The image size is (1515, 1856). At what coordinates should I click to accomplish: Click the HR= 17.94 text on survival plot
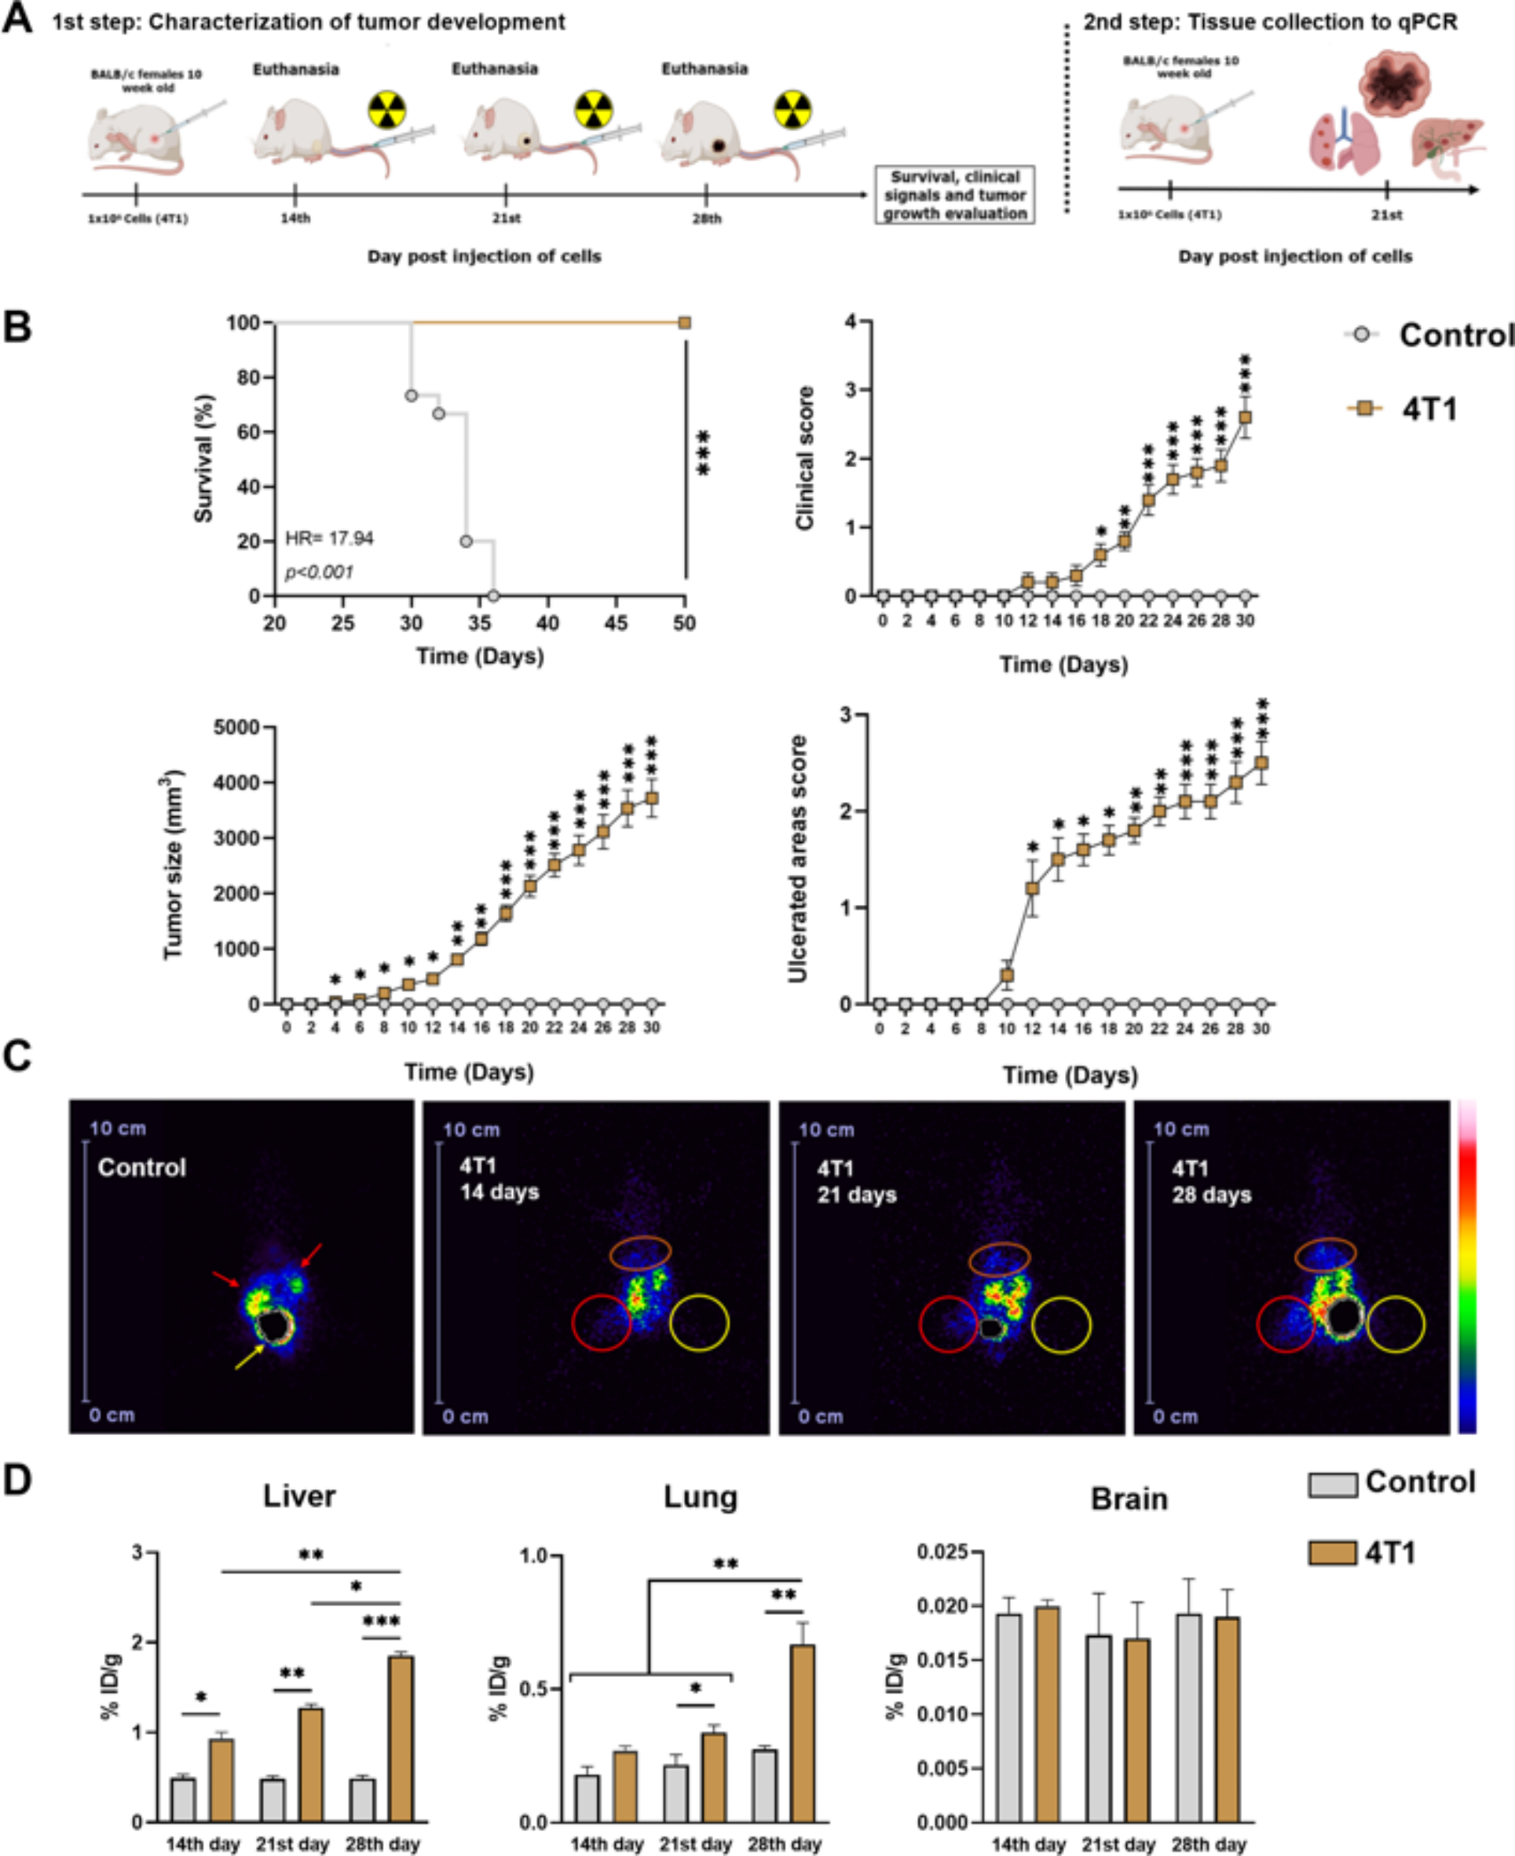[x=329, y=538]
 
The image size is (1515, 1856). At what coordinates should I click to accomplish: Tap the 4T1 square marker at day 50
[x=684, y=323]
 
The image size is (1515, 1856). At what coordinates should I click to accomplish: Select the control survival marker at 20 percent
[x=466, y=541]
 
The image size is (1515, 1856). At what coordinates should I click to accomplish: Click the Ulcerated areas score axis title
[x=797, y=858]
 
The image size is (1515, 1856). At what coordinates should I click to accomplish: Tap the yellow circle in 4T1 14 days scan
[x=698, y=1323]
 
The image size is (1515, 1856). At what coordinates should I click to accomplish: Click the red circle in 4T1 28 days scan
[x=1286, y=1323]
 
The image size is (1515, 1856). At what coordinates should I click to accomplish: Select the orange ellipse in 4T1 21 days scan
[x=999, y=1258]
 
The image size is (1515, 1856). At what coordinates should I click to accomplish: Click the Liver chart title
[x=299, y=1495]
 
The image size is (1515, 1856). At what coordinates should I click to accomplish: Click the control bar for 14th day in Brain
[x=1008, y=1716]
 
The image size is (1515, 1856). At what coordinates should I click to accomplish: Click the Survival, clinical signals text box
[x=955, y=196]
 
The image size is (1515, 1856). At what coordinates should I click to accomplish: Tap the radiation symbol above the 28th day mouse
[x=792, y=110]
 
